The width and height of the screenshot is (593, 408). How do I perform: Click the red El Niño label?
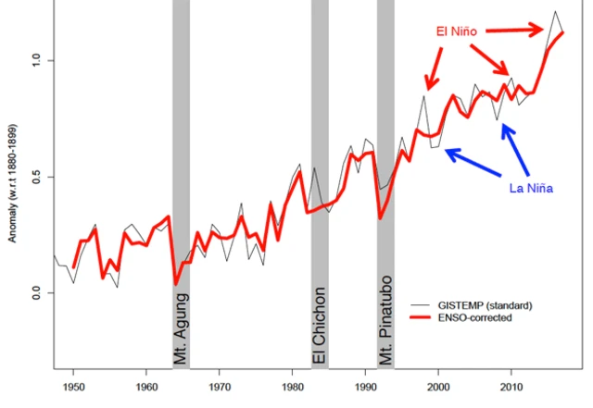(458, 31)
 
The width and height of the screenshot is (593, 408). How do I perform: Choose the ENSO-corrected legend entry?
(484, 317)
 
